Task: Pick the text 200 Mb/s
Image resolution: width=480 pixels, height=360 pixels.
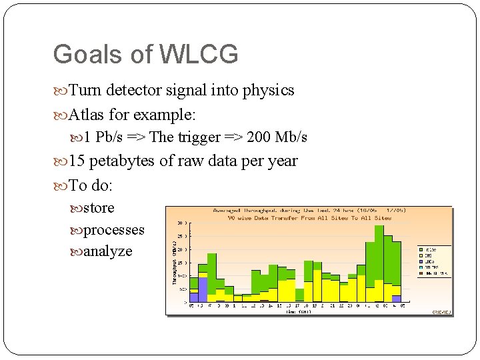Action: [x=277, y=137]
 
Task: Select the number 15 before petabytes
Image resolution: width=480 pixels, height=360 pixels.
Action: [x=77, y=161]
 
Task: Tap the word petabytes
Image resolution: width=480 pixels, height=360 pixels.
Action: [x=126, y=161]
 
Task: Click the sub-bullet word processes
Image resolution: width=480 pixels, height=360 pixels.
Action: [x=113, y=230]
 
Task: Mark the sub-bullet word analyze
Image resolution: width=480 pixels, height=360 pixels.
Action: [x=108, y=251]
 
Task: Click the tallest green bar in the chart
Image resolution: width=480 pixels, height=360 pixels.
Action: [x=379, y=253]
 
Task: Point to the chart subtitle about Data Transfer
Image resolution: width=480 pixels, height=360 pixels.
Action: [x=309, y=217]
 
